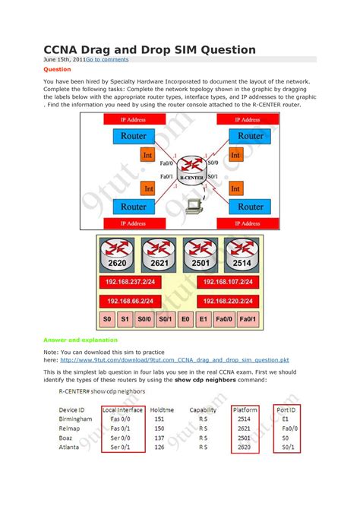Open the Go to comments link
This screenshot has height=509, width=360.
pyautogui.click(x=106, y=59)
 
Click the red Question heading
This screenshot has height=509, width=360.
pyautogui.click(x=57, y=68)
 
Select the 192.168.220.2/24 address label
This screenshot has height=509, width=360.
pyautogui.click(x=230, y=300)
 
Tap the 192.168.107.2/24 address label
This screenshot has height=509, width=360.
pyautogui.click(x=230, y=280)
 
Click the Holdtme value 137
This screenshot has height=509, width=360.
pyautogui.click(x=158, y=438)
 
